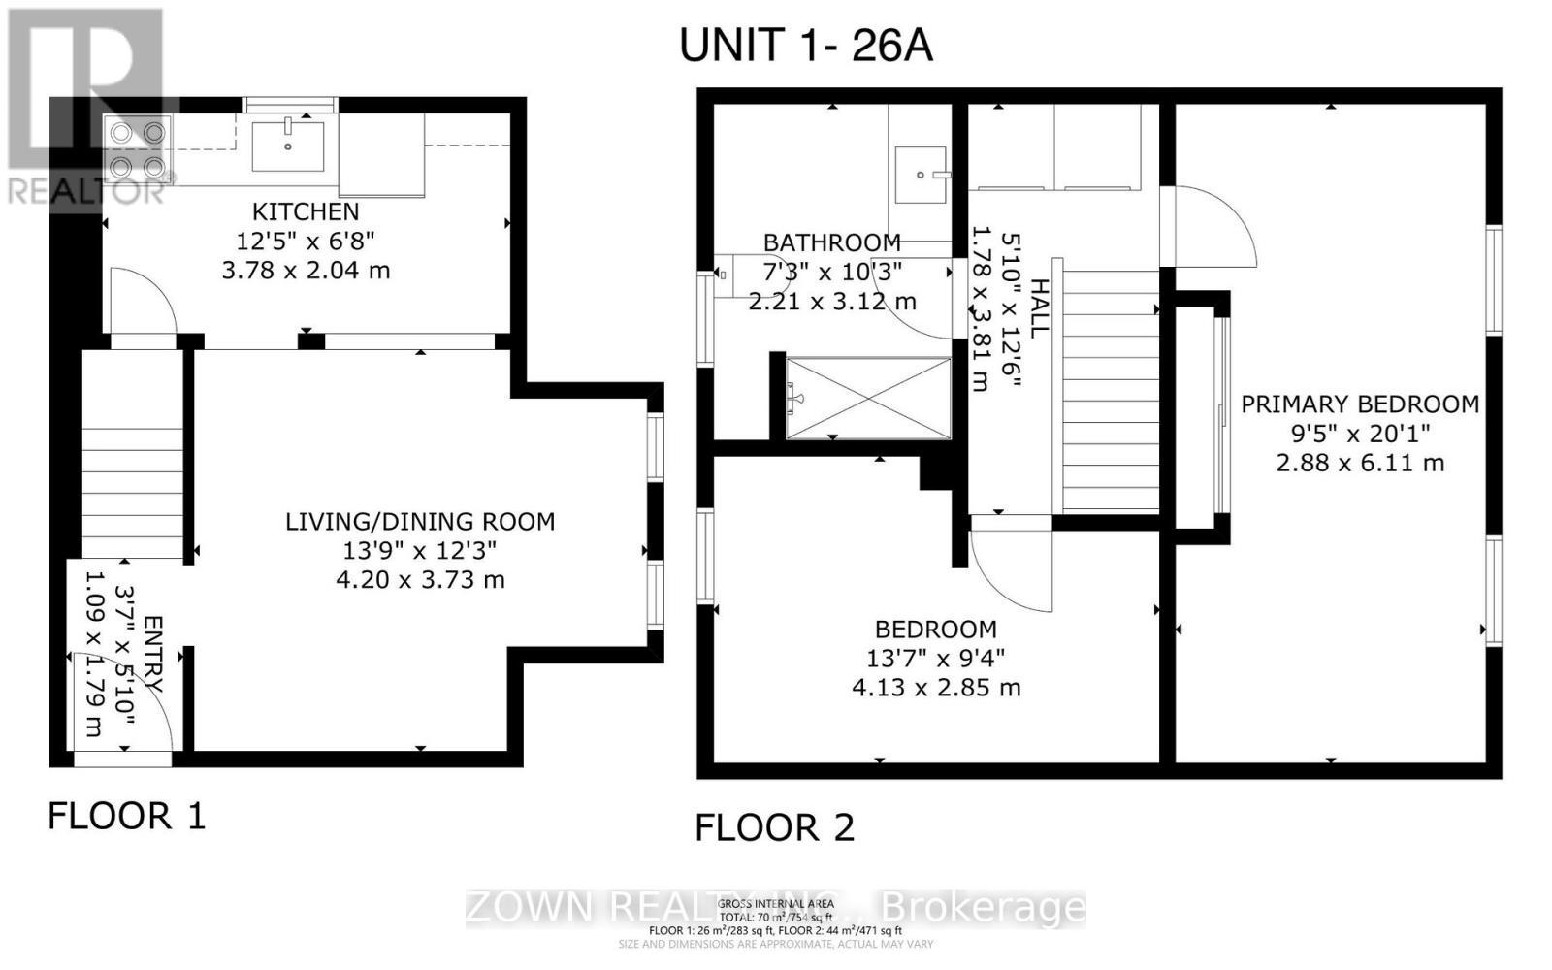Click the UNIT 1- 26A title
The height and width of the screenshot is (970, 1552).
805,45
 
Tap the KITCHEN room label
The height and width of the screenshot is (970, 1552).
306,211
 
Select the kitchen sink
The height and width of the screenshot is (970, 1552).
288,145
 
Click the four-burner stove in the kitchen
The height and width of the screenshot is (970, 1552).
137,148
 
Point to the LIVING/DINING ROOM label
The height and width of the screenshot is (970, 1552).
420,522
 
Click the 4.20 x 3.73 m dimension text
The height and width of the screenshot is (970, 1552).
420,580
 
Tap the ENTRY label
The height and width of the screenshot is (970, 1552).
153,652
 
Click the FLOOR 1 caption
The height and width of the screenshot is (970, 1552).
127,816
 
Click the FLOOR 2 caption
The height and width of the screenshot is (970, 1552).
775,827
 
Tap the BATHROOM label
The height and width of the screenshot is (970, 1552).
831,242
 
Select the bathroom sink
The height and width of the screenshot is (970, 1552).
920,175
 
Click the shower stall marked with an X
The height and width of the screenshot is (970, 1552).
869,398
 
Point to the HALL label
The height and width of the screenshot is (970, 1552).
1039,308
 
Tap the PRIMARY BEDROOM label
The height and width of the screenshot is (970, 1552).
1360,404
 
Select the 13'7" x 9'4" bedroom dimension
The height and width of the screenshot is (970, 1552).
935,659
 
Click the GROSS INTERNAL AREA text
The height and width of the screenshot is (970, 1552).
775,904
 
